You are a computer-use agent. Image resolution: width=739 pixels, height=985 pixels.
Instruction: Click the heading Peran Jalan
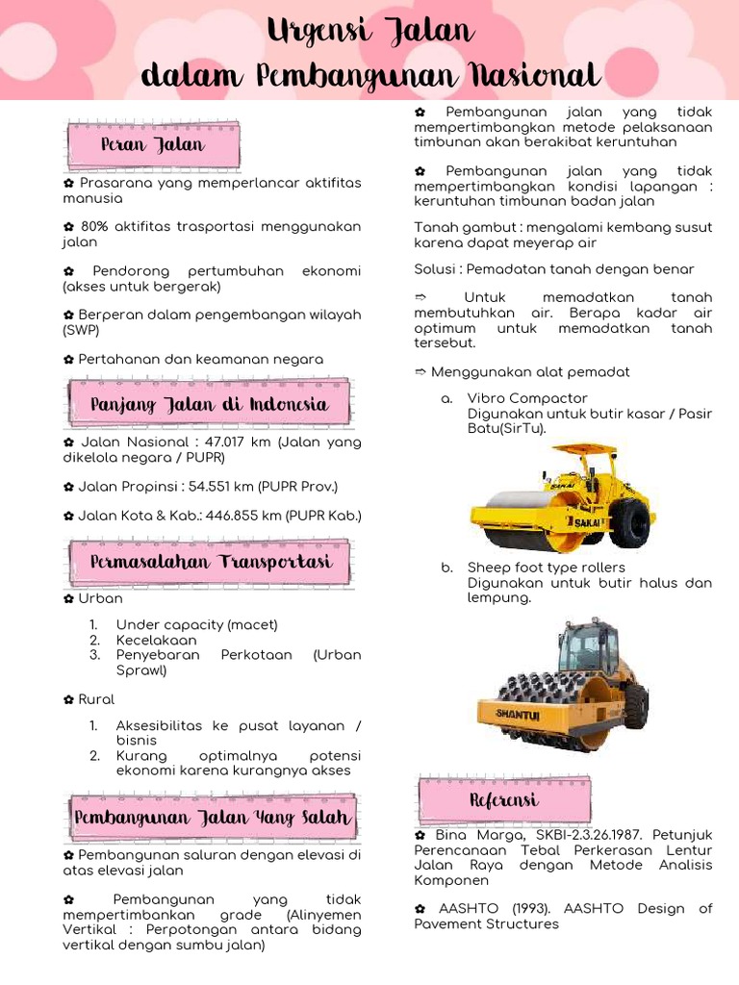(153, 144)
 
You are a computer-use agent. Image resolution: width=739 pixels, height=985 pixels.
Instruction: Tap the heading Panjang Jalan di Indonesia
(209, 405)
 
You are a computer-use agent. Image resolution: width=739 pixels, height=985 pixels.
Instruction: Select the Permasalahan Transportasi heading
(211, 562)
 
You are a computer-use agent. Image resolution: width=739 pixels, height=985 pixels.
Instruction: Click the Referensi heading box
(503, 800)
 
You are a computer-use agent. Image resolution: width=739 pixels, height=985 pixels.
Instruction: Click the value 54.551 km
(219, 487)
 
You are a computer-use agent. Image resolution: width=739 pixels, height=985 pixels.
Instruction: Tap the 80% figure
(94, 227)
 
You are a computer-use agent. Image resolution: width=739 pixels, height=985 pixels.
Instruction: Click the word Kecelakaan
(156, 640)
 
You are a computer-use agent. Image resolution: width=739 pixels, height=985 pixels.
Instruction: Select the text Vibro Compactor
(527, 398)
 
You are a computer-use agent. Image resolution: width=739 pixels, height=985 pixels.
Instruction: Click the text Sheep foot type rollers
(546, 568)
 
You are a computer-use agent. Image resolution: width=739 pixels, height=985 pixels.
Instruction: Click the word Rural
(96, 699)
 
